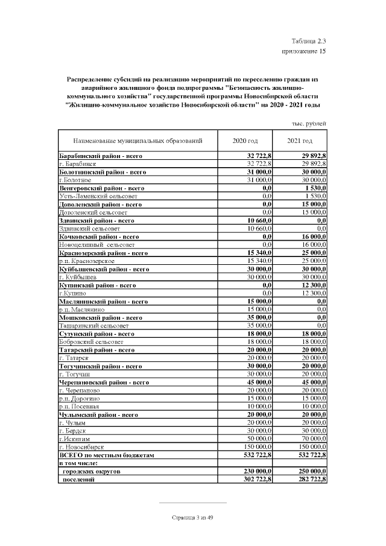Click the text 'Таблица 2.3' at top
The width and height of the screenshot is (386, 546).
click(308, 41)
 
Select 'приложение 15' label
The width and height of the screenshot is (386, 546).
click(304, 52)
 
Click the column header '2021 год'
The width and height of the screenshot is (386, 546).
click(299, 141)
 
